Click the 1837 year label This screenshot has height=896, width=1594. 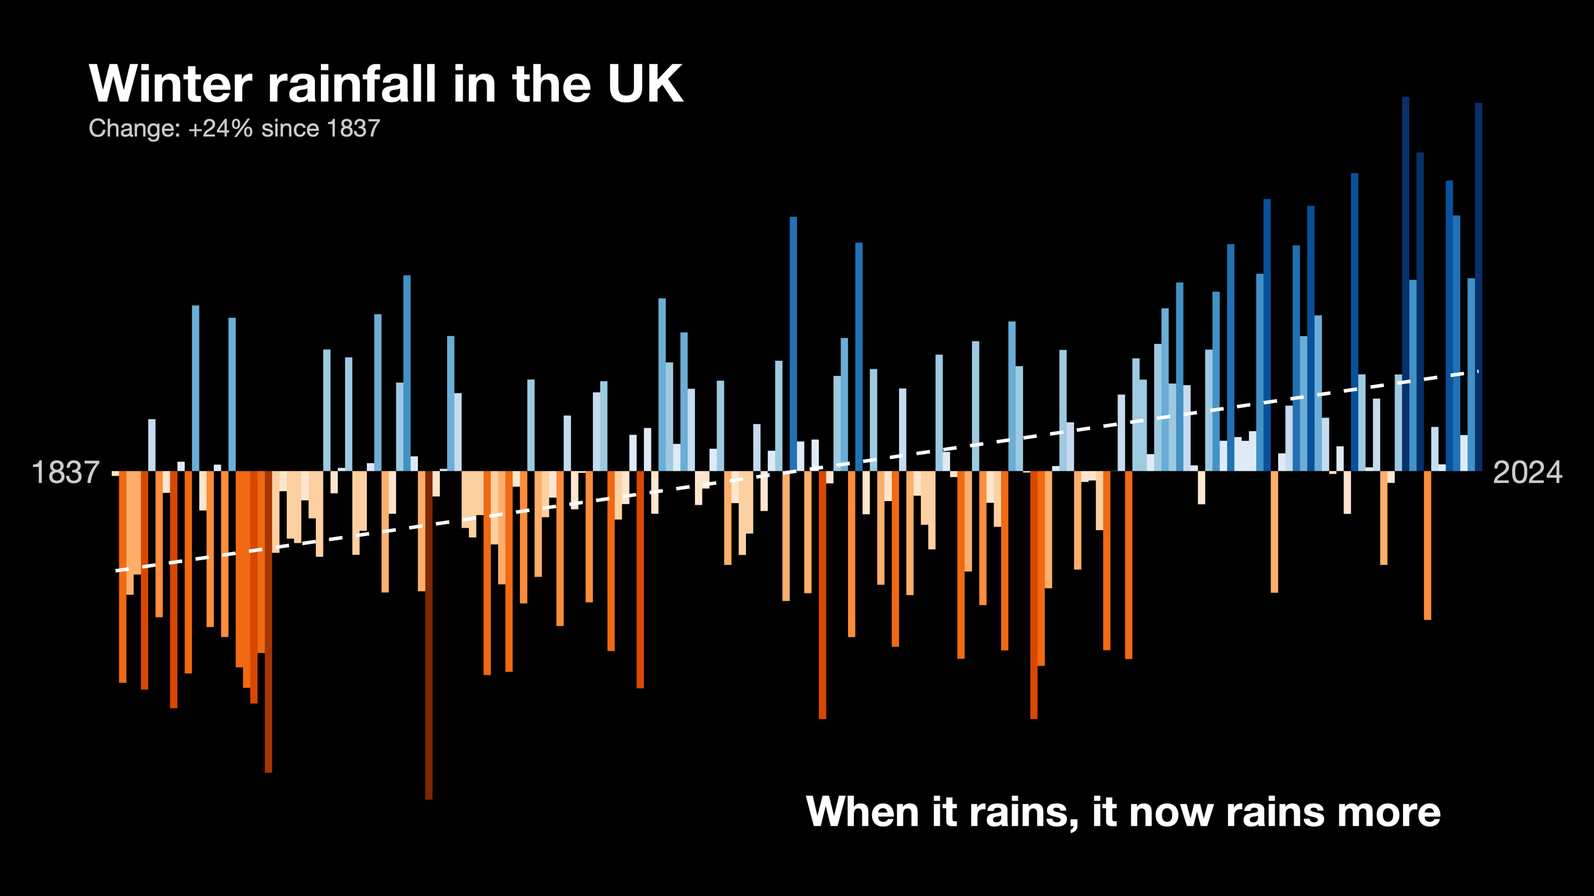[x=65, y=473]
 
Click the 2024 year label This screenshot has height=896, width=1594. [x=1527, y=473]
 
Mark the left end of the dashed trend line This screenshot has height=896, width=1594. [x=117, y=571]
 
